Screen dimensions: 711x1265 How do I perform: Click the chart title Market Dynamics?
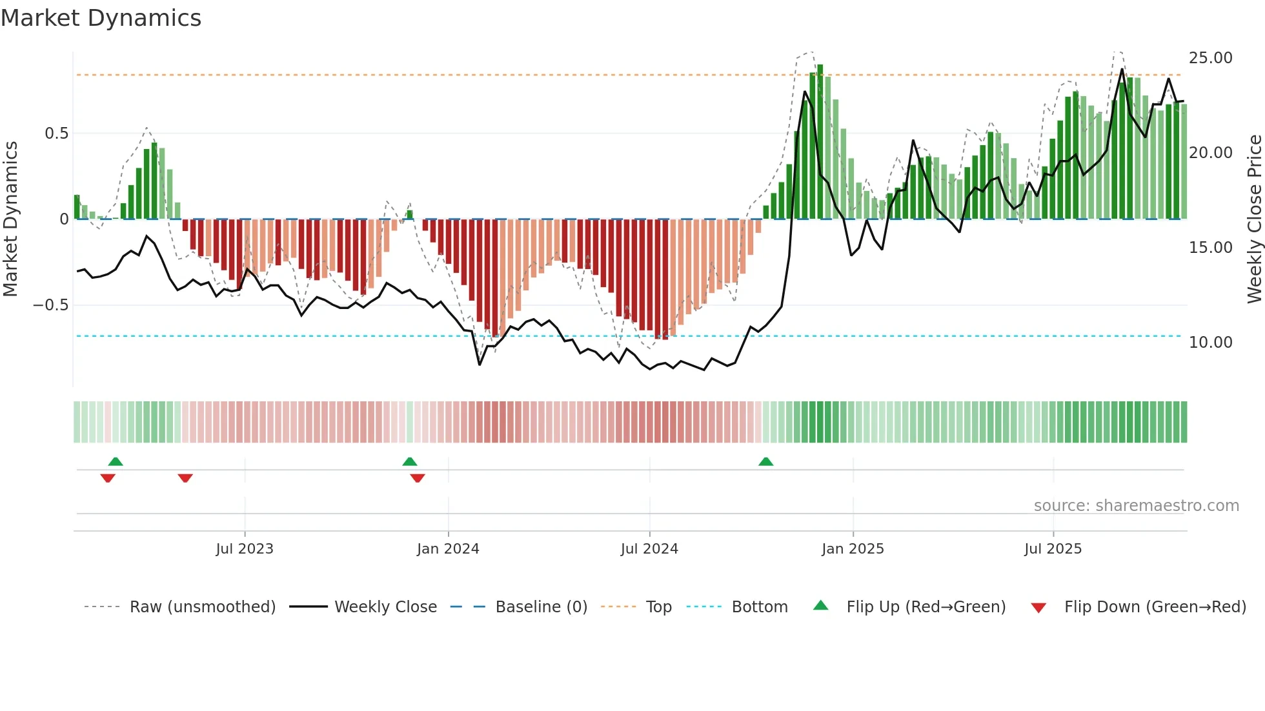(101, 18)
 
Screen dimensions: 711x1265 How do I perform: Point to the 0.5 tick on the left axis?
(56, 134)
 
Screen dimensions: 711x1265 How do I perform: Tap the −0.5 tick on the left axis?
(51, 305)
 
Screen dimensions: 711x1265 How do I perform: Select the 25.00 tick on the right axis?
(1210, 58)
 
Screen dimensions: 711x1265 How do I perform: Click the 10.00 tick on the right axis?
(1210, 343)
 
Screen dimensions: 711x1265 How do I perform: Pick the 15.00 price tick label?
(1210, 248)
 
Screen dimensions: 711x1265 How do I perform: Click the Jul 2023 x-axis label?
(245, 549)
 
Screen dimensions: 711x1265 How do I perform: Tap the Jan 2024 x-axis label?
(448, 549)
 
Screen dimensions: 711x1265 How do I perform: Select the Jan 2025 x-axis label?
(853, 549)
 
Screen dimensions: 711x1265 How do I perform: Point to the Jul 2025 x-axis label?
(1053, 549)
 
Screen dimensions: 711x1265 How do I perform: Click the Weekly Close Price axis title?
(1254, 219)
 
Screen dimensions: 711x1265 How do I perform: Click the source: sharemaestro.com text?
(1136, 506)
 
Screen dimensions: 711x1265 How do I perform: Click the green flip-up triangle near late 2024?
(765, 461)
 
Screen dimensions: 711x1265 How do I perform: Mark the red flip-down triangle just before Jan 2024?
(418, 478)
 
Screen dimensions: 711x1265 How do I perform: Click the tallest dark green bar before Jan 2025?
(820, 142)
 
